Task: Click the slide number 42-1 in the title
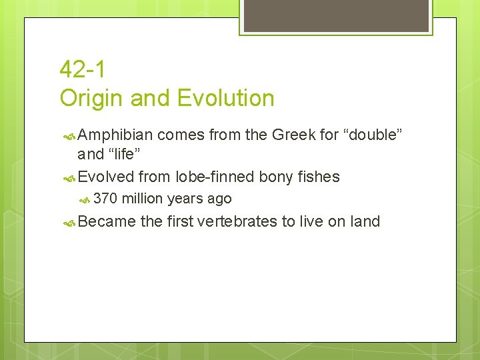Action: coord(82,69)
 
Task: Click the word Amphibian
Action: coord(115,135)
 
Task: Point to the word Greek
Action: coord(293,135)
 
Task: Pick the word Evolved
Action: coord(106,177)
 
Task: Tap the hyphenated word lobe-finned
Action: coord(215,177)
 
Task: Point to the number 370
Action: coord(106,199)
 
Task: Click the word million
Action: coord(143,199)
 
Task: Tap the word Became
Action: coord(107,221)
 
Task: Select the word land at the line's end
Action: coord(365,221)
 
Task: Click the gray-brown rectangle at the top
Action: coord(335,15)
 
